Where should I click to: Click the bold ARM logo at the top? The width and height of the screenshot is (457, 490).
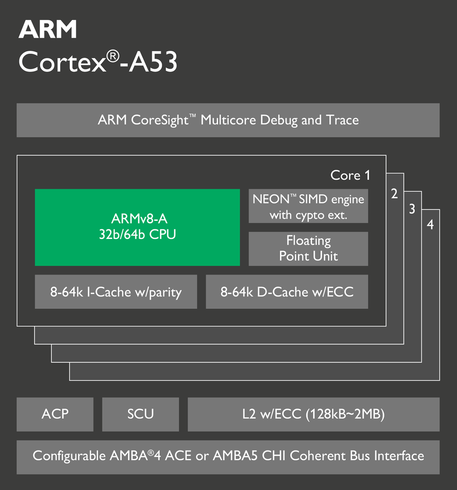point(48,29)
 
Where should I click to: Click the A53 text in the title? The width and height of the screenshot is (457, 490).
point(153,62)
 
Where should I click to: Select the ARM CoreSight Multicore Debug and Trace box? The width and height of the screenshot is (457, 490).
point(228,120)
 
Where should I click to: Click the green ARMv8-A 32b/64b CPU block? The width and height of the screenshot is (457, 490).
point(137,227)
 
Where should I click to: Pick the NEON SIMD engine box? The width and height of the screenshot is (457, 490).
point(308,206)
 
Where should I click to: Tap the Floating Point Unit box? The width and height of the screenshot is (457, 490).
point(308,249)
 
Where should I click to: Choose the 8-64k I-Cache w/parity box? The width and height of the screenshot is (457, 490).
point(116,292)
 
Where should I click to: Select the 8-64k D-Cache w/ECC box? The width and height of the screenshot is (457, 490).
point(287,292)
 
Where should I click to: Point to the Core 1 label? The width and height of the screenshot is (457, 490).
point(350,175)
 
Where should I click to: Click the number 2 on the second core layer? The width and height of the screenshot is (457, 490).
point(394,194)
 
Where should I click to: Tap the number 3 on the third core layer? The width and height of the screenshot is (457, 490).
point(412,209)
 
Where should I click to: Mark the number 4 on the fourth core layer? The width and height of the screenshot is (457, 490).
point(430,225)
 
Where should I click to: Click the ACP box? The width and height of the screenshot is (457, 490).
point(55,415)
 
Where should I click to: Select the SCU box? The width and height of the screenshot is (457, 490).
point(141,415)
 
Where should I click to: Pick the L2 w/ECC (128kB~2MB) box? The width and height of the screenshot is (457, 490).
point(313,415)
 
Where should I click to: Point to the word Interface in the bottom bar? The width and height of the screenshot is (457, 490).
point(399,456)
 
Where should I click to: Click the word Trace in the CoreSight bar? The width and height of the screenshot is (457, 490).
point(342,120)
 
